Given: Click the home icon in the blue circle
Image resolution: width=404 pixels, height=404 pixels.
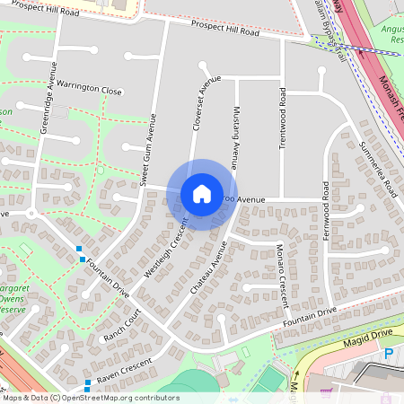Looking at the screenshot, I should point(202,194).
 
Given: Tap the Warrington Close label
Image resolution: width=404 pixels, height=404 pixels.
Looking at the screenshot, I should point(92,91).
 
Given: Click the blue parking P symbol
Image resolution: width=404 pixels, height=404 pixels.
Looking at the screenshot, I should point(388,354).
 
